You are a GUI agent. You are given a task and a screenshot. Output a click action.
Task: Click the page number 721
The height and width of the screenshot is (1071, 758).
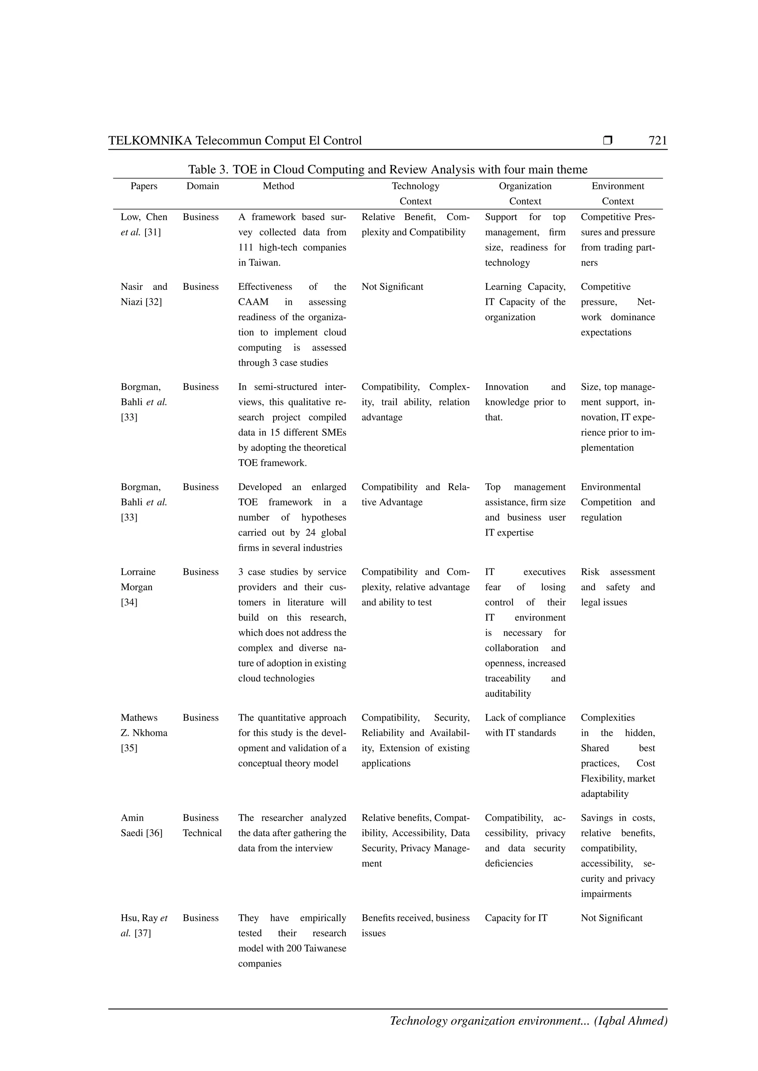pos(657,141)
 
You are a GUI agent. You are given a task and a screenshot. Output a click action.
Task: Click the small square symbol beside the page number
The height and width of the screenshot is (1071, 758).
pos(607,140)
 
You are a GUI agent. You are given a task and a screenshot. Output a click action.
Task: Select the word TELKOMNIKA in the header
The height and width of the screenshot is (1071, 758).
pos(150,141)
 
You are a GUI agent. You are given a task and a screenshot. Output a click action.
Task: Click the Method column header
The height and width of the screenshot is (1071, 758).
pos(278,186)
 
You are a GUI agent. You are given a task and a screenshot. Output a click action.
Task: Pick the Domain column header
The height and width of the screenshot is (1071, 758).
pos(202,186)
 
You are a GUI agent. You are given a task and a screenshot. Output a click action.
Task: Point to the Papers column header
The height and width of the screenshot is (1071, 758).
pos(144,186)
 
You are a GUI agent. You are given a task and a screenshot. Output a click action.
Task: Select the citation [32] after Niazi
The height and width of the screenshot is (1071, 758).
pos(154,302)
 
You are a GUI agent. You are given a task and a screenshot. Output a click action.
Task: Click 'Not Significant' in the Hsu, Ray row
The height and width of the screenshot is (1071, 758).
pos(611,918)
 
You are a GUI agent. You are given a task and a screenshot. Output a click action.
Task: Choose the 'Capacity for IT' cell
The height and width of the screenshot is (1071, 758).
pos(516,918)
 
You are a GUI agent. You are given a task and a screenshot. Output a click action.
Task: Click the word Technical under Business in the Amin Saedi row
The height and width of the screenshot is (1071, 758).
pos(202,833)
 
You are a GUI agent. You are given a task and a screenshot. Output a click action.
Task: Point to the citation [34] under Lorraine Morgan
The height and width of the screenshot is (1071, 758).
pos(129,602)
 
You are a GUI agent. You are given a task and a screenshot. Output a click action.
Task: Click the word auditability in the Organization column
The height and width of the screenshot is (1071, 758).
pos(508,694)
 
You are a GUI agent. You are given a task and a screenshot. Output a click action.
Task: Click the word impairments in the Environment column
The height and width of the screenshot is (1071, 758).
pos(606,894)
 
